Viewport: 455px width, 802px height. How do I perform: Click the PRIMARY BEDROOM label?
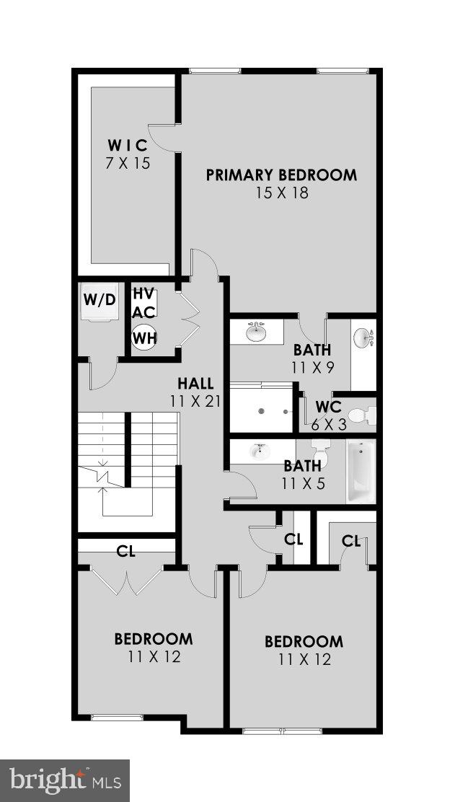pyautogui.click(x=281, y=175)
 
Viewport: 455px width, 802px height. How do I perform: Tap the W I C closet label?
pyautogui.click(x=127, y=145)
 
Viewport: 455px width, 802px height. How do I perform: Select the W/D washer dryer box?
pyautogui.click(x=99, y=299)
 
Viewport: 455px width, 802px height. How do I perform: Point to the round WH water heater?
pyautogui.click(x=143, y=337)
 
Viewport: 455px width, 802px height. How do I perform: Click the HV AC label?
pyautogui.click(x=143, y=303)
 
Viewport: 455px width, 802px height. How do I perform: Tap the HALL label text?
pyautogui.click(x=195, y=384)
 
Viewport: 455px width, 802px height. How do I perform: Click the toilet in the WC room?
pyautogui.click(x=361, y=415)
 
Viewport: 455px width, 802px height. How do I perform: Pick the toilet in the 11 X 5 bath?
pyautogui.click(x=322, y=454)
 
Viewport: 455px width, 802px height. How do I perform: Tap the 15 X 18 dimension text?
pyautogui.click(x=281, y=193)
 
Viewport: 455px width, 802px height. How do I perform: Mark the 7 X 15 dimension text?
pyautogui.click(x=127, y=164)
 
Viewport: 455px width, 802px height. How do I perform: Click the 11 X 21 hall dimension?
pyautogui.click(x=195, y=401)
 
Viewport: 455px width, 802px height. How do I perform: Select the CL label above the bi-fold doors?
pyautogui.click(x=126, y=552)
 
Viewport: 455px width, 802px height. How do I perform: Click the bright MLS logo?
pyautogui.click(x=65, y=780)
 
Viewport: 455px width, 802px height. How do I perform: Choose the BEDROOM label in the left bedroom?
pyautogui.click(x=154, y=639)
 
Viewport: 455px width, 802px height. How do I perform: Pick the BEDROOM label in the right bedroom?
pyautogui.click(x=304, y=642)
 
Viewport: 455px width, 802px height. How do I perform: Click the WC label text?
pyautogui.click(x=328, y=407)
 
